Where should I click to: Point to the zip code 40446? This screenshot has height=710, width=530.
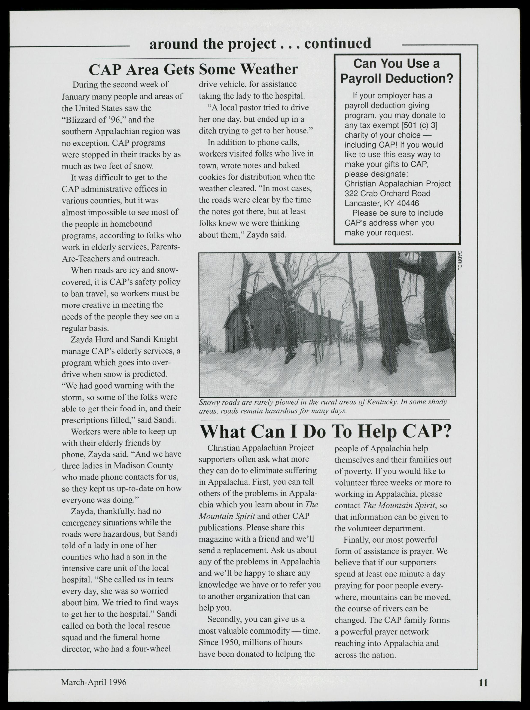(408, 203)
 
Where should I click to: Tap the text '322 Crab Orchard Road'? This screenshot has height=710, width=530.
(387, 194)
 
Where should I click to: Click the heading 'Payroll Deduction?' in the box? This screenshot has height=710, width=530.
(397, 78)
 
